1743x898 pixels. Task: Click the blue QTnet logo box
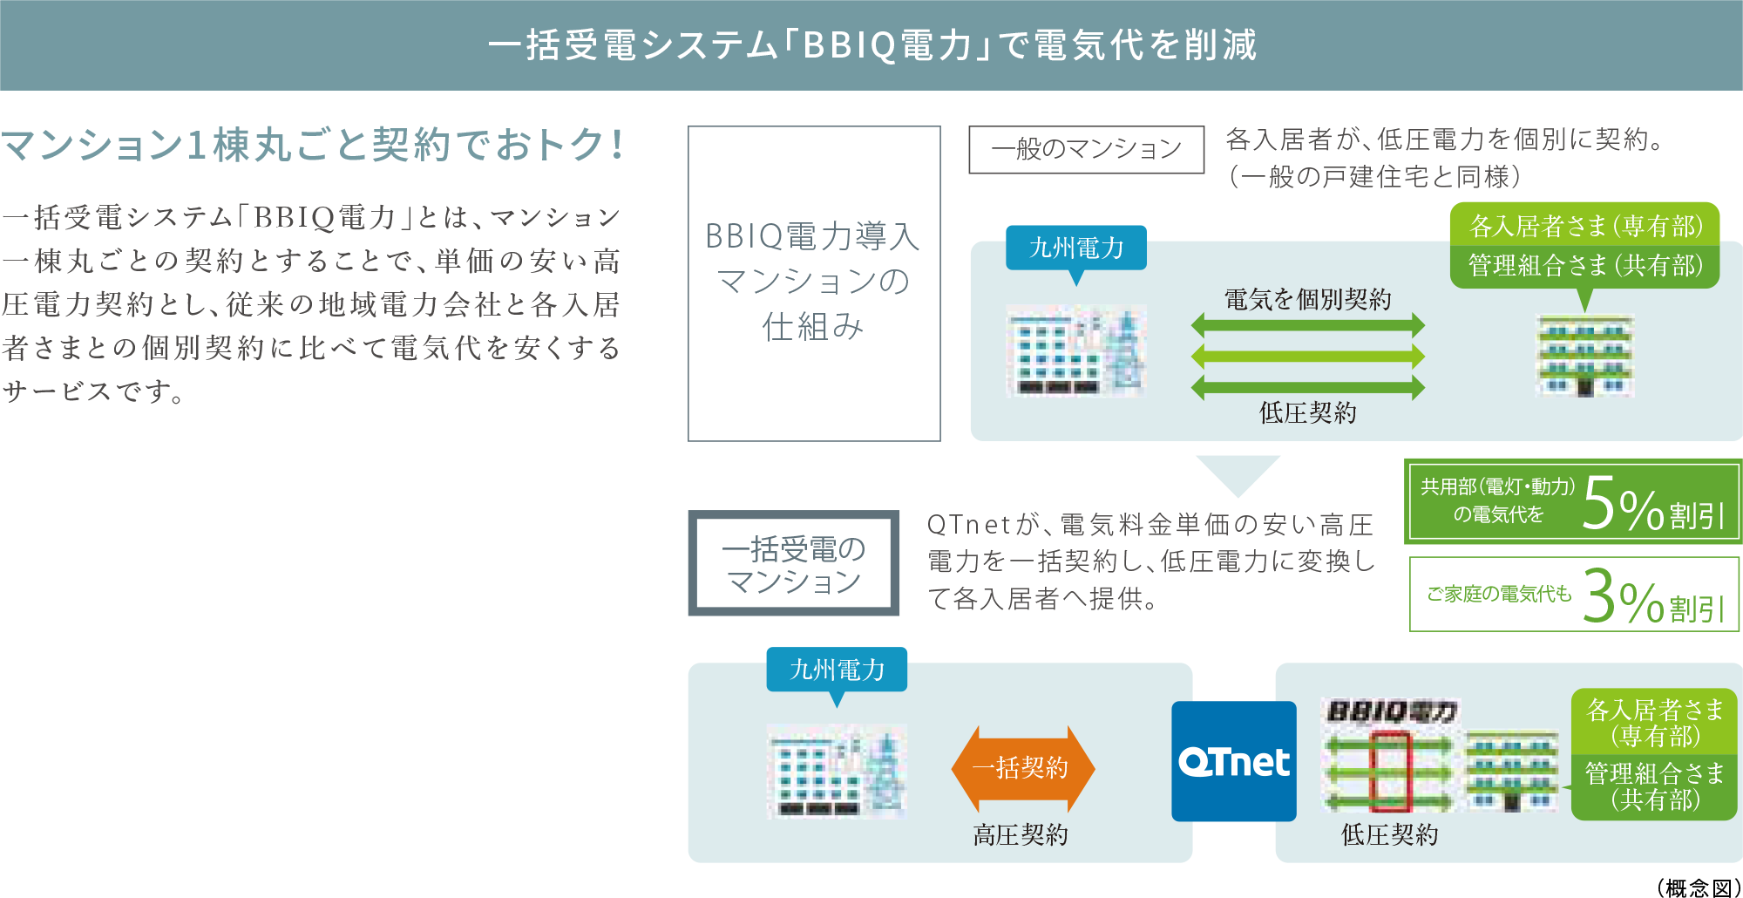pos(1233,761)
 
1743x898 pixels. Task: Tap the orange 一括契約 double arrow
pos(1022,768)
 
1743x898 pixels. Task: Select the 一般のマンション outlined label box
pos(1086,149)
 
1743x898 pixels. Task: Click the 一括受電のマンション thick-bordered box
pos(794,563)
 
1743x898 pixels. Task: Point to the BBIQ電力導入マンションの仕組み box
pos(814,283)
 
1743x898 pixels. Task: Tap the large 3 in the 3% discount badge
pos(1599,597)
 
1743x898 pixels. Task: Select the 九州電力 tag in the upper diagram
pos(1076,248)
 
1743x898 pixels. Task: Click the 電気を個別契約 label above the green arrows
pos(1307,300)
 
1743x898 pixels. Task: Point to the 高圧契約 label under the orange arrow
pos(1021,835)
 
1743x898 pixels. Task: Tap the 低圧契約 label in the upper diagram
pos(1307,412)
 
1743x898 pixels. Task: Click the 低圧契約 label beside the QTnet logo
pos(1389,835)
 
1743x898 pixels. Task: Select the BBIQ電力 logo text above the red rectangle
pos(1390,712)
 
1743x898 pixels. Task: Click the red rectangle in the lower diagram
pos(1389,772)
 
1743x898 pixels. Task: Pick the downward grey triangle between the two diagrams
pos(1238,471)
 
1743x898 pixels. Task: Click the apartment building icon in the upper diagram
pos(1584,356)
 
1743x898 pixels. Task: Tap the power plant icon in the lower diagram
pos(837,771)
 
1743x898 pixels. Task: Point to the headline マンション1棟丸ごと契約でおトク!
pos(312,145)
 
